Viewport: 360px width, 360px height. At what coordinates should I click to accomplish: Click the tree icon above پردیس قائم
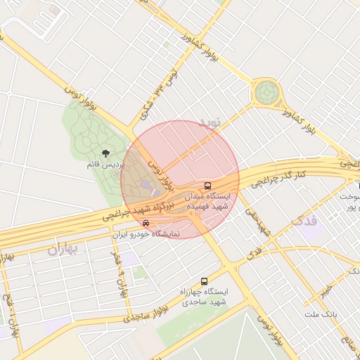point(106,153)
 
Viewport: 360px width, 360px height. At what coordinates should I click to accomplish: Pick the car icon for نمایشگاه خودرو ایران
point(146,224)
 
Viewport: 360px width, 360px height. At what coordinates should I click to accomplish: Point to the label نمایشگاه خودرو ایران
point(146,234)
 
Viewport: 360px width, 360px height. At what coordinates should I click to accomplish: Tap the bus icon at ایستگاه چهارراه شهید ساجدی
point(204,280)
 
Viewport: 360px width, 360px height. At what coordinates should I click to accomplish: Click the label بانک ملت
point(322,312)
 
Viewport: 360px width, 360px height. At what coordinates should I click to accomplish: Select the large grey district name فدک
point(303,221)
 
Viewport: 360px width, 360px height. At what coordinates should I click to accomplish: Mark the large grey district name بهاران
point(64,250)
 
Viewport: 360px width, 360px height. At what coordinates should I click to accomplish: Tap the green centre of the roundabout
point(266,91)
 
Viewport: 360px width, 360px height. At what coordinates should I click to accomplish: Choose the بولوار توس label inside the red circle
point(163,176)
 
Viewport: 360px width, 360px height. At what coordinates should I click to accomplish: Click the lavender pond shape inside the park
point(146,185)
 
